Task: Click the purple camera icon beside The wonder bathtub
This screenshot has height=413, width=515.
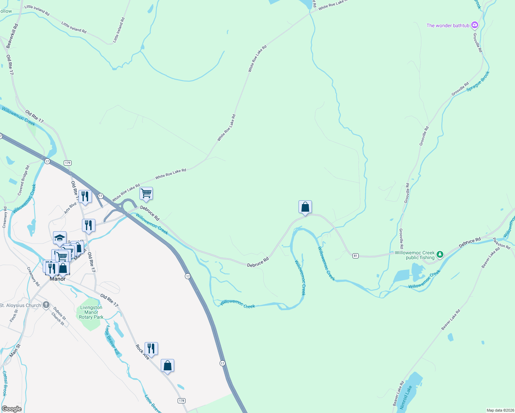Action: tap(475, 25)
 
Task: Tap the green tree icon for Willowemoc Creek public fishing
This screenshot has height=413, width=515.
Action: tap(440, 255)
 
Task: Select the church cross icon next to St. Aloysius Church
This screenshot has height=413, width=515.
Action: tap(46, 305)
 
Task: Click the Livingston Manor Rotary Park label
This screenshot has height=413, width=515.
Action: tap(91, 312)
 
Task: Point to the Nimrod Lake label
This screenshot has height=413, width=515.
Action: tap(406, 398)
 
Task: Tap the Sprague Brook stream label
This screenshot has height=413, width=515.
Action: tap(478, 81)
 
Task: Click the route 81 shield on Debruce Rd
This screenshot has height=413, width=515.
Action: tap(356, 256)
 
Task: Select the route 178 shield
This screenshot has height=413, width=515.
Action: tap(181, 401)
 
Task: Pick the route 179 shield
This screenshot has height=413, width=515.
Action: tap(67, 163)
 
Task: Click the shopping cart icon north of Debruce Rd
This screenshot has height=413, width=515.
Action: tap(146, 194)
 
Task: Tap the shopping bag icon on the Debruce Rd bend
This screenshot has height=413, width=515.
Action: tap(305, 207)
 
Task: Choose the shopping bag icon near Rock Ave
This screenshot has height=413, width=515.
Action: tap(167, 366)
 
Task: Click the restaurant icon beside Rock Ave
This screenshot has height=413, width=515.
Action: tap(151, 348)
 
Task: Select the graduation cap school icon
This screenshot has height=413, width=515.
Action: tap(60, 238)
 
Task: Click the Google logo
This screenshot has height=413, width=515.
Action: tap(11, 409)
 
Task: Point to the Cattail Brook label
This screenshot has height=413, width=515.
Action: tap(4, 383)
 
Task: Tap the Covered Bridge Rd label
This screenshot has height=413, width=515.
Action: tap(24, 180)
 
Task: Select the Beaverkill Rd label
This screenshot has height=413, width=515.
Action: tap(12, 35)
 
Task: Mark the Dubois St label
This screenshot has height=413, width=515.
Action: tap(60, 312)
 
